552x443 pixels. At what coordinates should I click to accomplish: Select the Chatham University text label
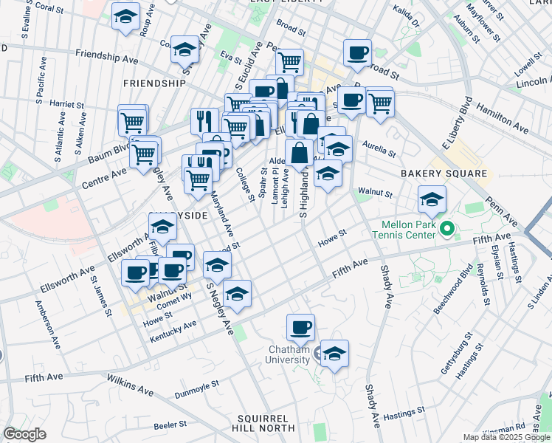pyautogui.click(x=288, y=354)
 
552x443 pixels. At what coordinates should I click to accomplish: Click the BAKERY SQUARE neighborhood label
pyautogui.click(x=444, y=174)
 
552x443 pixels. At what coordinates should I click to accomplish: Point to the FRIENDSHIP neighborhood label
pyautogui.click(x=154, y=83)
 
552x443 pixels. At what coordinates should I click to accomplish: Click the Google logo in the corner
pyautogui.click(x=24, y=434)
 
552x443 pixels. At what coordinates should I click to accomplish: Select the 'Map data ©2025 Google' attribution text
pyautogui.click(x=506, y=437)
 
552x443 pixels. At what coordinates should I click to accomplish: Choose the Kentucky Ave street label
pyautogui.click(x=173, y=325)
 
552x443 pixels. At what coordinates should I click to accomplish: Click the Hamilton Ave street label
pyautogui.click(x=503, y=109)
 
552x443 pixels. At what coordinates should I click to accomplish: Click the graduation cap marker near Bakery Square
pyautogui.click(x=432, y=199)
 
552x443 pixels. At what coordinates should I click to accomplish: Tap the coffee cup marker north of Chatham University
pyautogui.click(x=300, y=326)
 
